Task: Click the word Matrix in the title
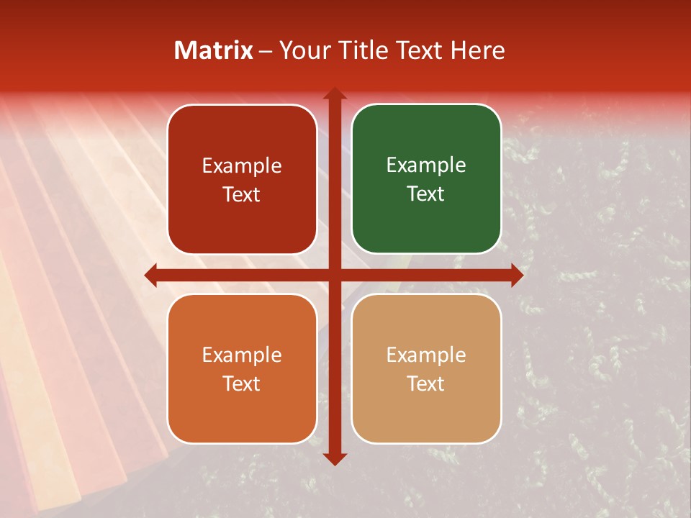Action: (x=214, y=50)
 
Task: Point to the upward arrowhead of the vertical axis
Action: (x=334, y=94)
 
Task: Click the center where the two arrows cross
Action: (x=334, y=275)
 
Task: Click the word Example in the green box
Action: (x=426, y=165)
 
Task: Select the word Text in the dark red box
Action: (x=242, y=194)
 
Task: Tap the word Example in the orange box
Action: (x=242, y=355)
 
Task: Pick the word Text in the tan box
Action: (x=426, y=383)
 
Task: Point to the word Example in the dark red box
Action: (x=242, y=165)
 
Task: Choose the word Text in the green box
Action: (x=426, y=194)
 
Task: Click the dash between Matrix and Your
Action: (x=265, y=51)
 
